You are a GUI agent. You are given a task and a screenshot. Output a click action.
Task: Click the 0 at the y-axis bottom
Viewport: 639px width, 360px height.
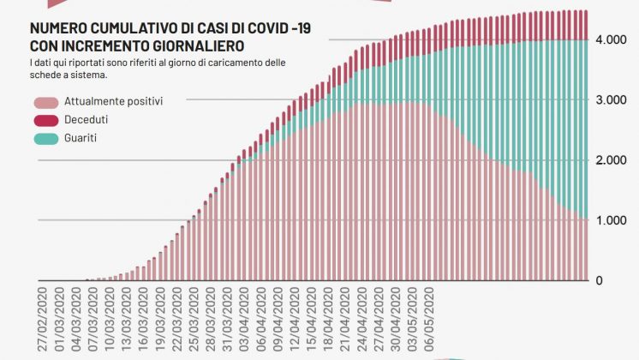point(600,280)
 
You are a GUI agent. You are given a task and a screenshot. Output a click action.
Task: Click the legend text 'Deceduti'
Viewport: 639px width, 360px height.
point(86,119)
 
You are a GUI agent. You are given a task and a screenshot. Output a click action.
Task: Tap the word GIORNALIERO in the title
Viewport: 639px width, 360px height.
point(195,45)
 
